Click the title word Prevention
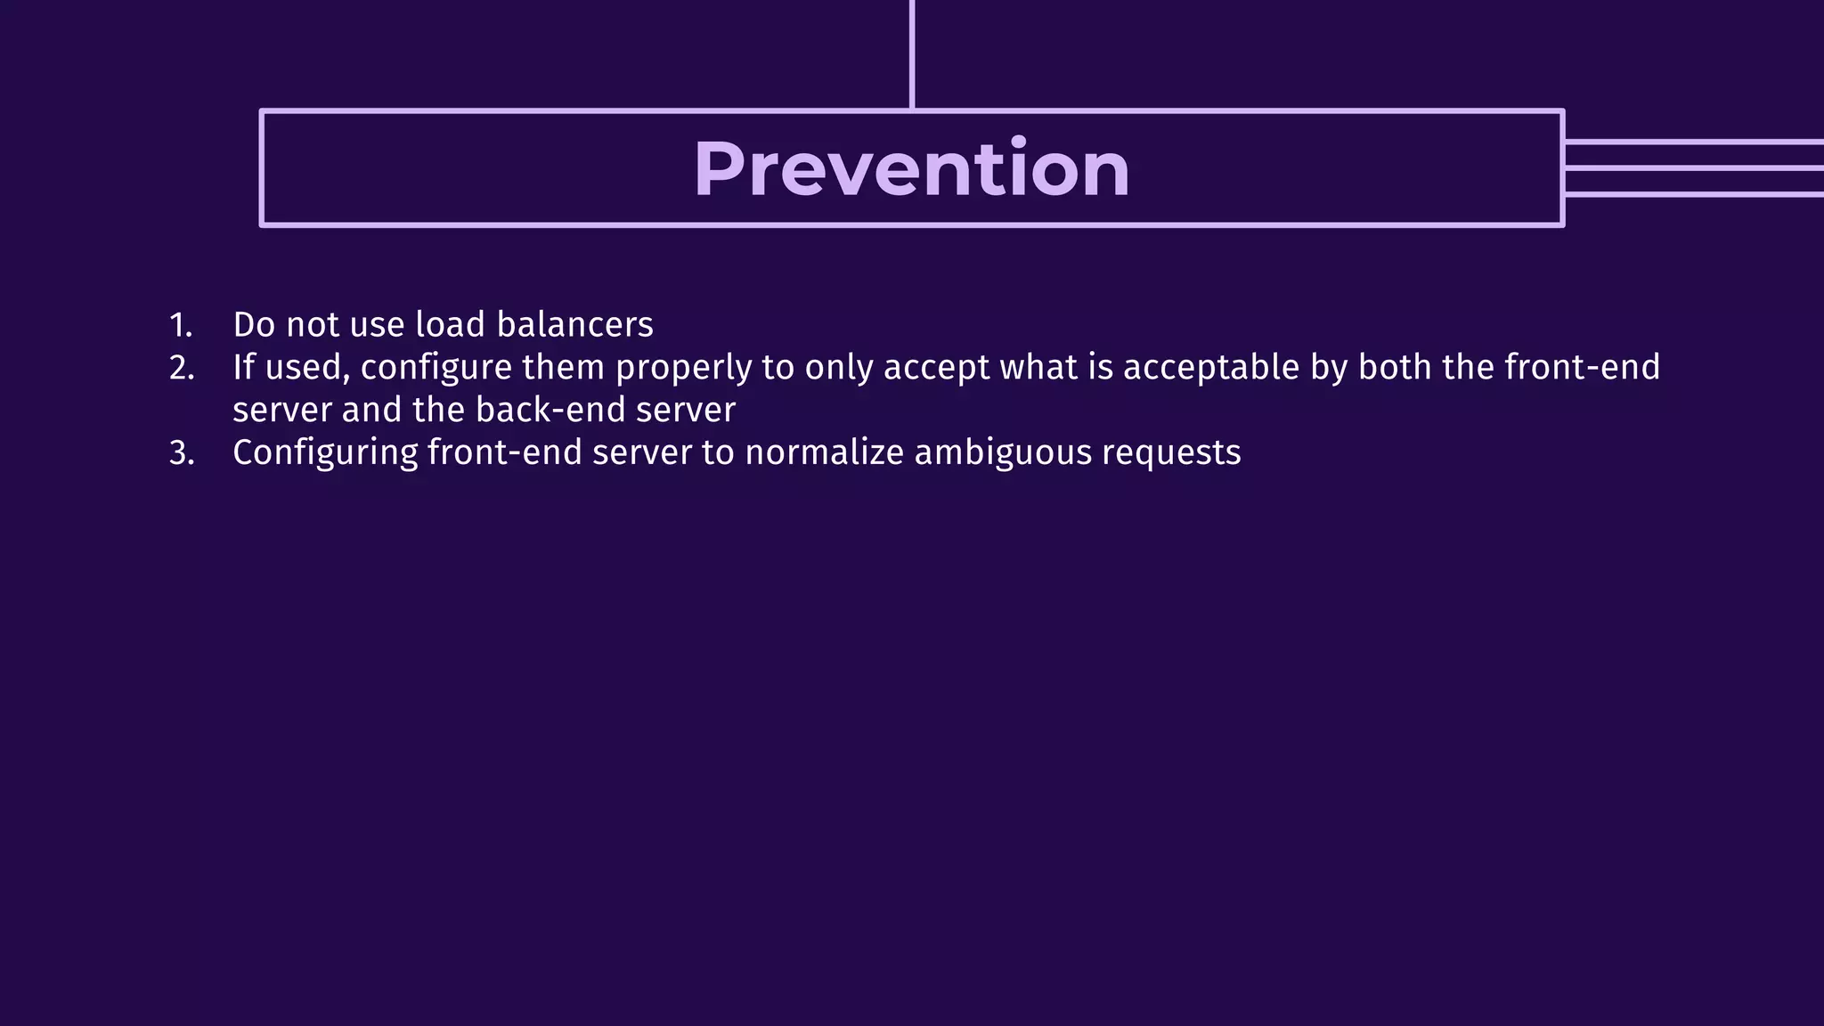pos(911,169)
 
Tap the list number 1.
pos(181,325)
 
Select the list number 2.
pos(182,368)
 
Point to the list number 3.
pos(182,453)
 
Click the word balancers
pos(574,325)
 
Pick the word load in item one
pos(450,325)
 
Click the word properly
pos(683,368)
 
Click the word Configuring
pos(325,453)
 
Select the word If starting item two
pos(243,368)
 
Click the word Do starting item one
pos(254,325)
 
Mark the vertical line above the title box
pos(912,53)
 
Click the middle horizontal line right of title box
pos(1692,168)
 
